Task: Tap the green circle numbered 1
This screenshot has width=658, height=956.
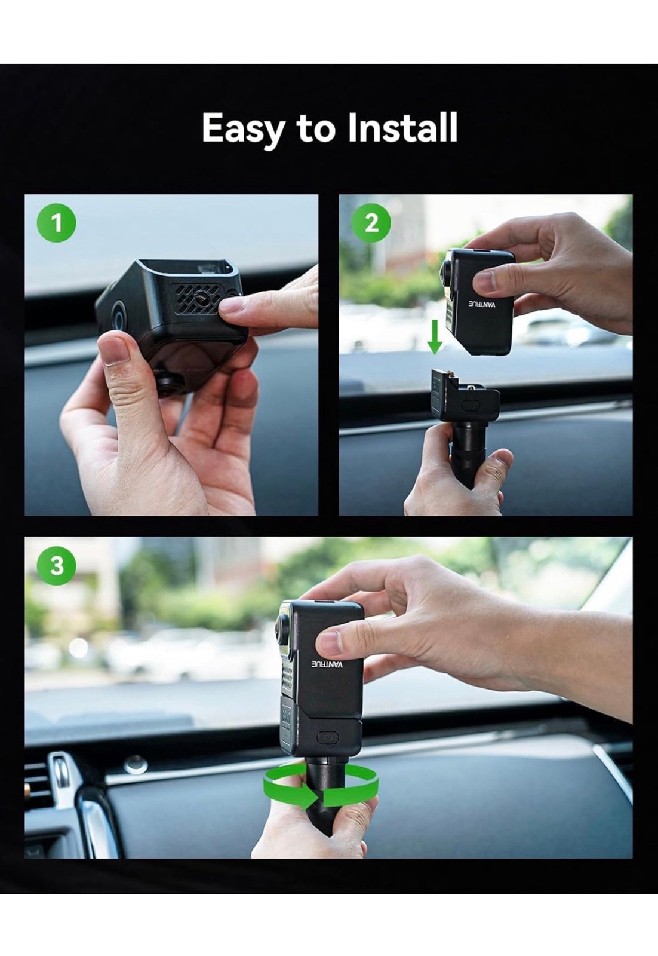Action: [57, 224]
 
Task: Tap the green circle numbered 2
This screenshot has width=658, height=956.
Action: [371, 223]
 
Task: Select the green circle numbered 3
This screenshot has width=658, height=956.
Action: [57, 565]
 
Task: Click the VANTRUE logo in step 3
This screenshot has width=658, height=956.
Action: [328, 665]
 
